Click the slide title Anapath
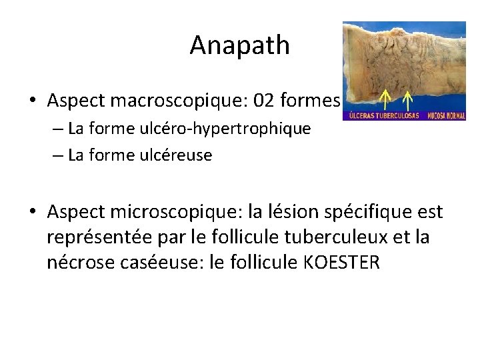click(x=239, y=45)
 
